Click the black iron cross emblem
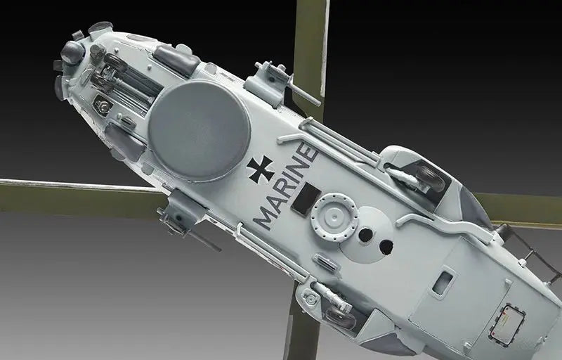pos(261,169)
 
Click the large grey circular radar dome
pos(200,130)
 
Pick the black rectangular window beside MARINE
pos(306,199)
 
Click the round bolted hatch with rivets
pos(334,217)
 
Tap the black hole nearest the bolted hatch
pos(365,235)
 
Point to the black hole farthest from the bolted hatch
pos(386,247)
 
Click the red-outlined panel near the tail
pos(507,325)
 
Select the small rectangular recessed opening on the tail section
pos(443,283)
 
